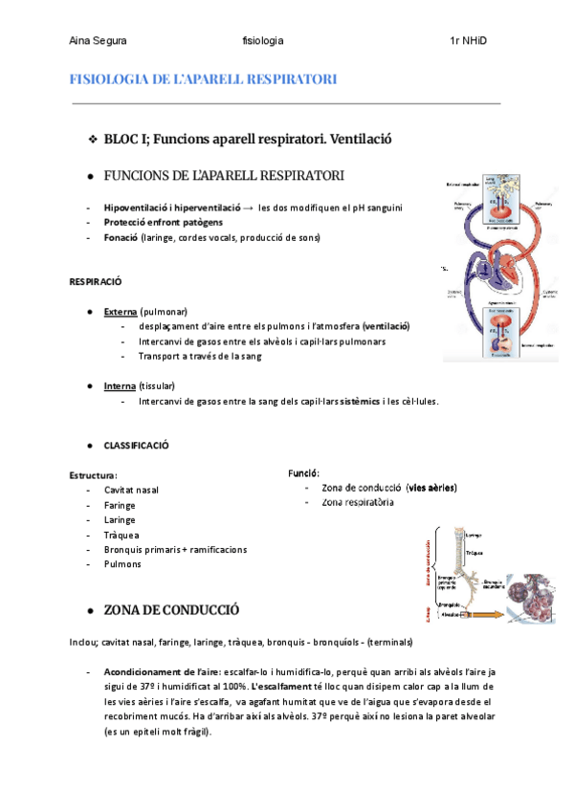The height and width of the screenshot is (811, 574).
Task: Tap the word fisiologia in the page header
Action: pos(263,41)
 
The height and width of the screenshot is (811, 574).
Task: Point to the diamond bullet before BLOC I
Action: pos(92,141)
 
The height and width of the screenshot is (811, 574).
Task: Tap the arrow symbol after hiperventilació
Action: pos(249,208)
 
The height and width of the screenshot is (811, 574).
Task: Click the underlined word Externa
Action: pos(120,312)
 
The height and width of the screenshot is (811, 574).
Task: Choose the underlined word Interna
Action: pos(120,385)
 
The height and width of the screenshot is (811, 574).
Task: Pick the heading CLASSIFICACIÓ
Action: pos(136,446)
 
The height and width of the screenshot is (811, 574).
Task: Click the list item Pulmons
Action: pos(122,564)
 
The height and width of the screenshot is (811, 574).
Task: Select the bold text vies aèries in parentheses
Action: pos(431,488)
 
